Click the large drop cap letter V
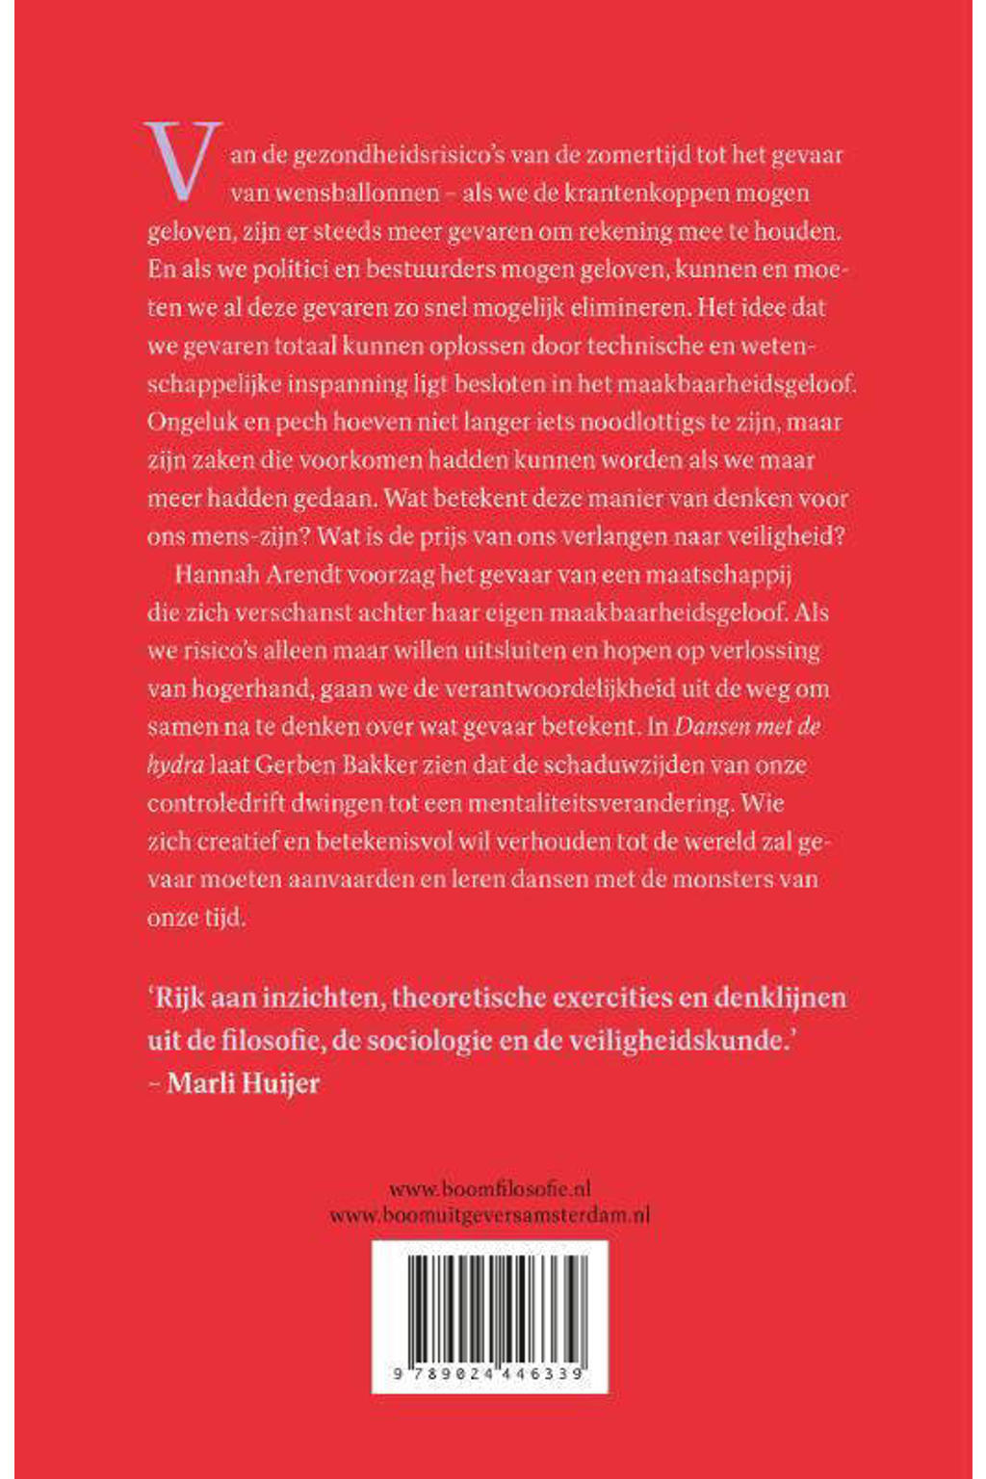pyautogui.click(x=183, y=161)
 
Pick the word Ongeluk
pyautogui.click(x=189, y=423)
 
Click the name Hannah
pyautogui.click(x=212, y=575)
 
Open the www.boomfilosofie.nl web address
pyautogui.click(x=489, y=1189)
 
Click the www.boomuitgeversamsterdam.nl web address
pyautogui.click(x=489, y=1215)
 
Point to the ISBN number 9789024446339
pyautogui.click(x=489, y=1375)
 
